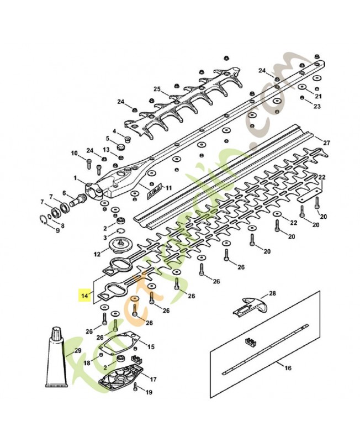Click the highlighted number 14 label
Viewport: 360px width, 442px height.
[x=84, y=295]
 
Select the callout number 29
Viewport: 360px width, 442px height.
[x=77, y=351]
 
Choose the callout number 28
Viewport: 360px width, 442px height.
[x=272, y=293]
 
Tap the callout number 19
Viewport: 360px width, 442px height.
[x=149, y=393]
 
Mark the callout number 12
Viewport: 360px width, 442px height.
[x=97, y=255]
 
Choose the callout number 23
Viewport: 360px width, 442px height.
[x=316, y=106]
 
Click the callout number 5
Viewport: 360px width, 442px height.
[x=108, y=139]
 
